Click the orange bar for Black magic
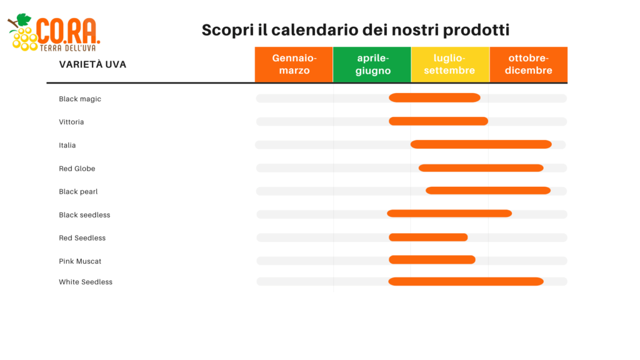click(x=434, y=97)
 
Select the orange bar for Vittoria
click(x=438, y=121)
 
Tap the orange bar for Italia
click(x=481, y=144)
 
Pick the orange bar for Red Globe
click(x=481, y=167)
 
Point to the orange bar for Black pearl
click(x=488, y=191)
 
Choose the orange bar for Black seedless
click(x=449, y=214)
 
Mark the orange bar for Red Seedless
click(x=428, y=237)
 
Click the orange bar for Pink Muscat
click(x=432, y=259)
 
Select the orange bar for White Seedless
click(x=466, y=281)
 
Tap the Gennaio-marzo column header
click(x=294, y=64)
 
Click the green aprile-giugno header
click(x=372, y=64)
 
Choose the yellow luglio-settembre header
click(x=450, y=64)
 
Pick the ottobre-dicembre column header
click(x=529, y=64)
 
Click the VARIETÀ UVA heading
click(x=92, y=64)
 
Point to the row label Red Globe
click(x=77, y=169)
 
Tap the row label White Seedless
click(x=85, y=282)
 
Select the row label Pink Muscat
click(x=80, y=261)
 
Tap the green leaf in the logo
click(x=24, y=19)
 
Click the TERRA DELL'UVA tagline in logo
click(x=67, y=48)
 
